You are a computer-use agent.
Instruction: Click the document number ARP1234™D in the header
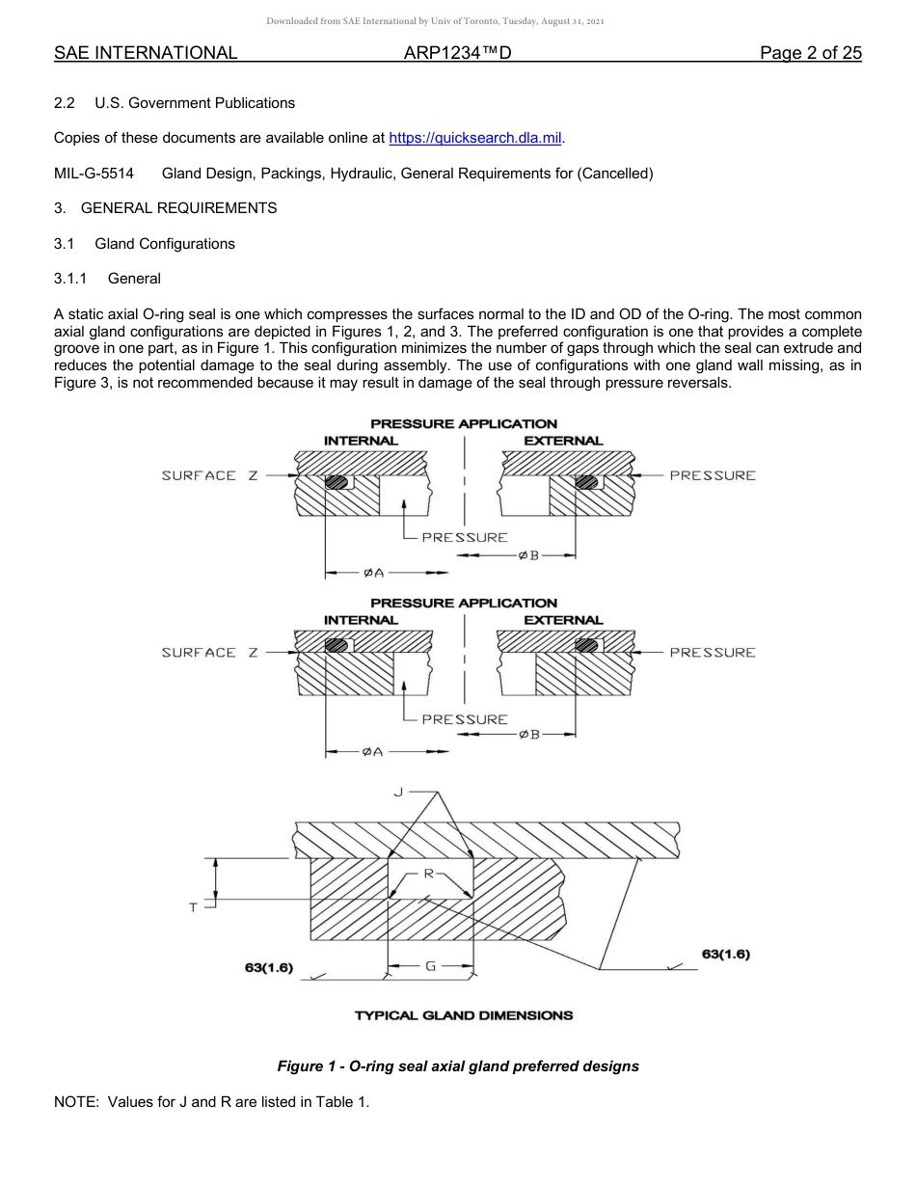pos(457,53)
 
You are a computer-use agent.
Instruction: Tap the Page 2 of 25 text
pos(810,53)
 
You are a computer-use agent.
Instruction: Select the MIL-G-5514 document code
pos(94,174)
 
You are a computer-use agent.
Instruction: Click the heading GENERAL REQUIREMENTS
pos(178,208)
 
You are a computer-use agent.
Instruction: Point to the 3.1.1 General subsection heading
pos(107,279)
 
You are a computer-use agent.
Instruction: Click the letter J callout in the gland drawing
pos(398,792)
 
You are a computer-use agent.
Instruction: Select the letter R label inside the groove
pos(430,873)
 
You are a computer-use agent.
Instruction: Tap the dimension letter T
pos(193,907)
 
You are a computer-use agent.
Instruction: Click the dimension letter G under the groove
pos(429,964)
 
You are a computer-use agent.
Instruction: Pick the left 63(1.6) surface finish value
pos(269,967)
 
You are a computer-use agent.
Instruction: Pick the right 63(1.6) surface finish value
pos(725,954)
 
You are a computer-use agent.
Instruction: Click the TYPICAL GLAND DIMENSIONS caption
pos(463,1015)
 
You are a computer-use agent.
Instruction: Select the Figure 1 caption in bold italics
pos(457,1066)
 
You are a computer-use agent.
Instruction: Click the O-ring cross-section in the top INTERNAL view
pos(337,482)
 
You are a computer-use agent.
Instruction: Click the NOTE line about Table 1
pos(211,1102)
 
